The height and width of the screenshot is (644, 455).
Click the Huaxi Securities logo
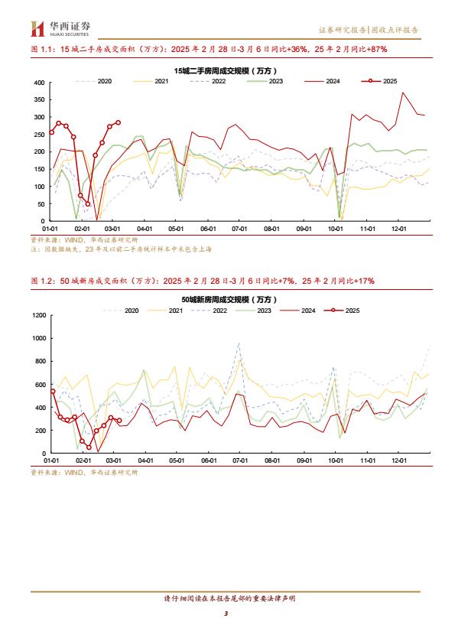[x=60, y=28]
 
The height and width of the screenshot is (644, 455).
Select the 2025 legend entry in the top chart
[x=379, y=81]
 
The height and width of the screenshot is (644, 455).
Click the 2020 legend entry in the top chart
[x=93, y=81]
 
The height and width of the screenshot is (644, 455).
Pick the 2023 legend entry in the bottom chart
[x=254, y=311]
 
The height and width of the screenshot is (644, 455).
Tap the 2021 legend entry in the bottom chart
[x=165, y=311]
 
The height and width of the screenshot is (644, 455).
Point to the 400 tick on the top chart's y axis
[x=40, y=83]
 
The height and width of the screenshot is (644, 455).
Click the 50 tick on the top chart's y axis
[x=41, y=204]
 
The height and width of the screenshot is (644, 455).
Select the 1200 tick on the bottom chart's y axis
[x=40, y=315]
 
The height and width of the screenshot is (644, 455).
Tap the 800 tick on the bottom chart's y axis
[x=41, y=362]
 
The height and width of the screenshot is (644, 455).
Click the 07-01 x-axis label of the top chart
[x=240, y=229]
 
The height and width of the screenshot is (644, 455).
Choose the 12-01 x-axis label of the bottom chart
[x=399, y=461]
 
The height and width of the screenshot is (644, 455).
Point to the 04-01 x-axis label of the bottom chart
[x=145, y=461]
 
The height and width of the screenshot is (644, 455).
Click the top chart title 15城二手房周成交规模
[x=226, y=71]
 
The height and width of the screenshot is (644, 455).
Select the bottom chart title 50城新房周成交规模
[x=229, y=300]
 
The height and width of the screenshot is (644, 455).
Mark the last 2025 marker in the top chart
[x=119, y=122]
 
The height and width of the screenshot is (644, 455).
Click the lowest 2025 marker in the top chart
[x=88, y=204]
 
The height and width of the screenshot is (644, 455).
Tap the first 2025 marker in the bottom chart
[x=53, y=392]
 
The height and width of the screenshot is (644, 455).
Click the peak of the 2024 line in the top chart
[x=403, y=93]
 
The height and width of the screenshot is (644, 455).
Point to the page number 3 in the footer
[x=226, y=613]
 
